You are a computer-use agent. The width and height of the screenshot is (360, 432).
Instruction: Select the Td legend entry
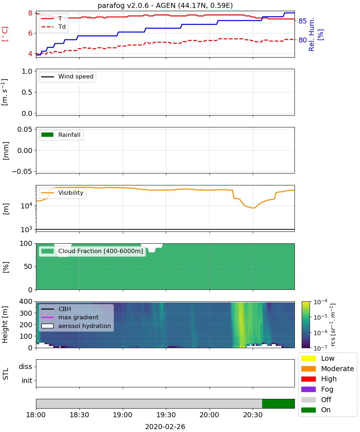53,27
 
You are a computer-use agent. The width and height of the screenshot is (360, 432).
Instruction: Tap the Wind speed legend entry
67,77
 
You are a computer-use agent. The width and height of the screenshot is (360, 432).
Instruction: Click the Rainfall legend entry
61,135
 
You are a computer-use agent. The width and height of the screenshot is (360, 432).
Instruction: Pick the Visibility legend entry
62,193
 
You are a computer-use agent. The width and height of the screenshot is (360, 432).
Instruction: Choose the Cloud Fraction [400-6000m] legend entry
92,251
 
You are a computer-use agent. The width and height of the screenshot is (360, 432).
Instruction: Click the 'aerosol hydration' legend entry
76,326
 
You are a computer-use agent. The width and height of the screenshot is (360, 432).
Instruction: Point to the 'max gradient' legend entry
70,317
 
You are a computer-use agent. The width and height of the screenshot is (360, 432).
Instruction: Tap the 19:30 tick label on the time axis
166,415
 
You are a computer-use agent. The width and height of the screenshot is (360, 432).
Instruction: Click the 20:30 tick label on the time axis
253,415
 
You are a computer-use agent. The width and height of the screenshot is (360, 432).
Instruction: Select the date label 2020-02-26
165,427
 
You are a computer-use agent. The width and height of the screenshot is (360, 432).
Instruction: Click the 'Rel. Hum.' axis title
311,34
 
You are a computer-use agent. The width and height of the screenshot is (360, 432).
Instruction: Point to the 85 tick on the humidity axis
302,21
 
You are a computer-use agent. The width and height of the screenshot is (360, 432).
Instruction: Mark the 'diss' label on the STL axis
25,366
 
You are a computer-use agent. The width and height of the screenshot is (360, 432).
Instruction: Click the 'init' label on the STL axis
27,381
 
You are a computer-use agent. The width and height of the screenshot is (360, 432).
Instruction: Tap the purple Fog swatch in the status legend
308,390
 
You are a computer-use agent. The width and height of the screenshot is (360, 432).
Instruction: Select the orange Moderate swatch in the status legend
308,369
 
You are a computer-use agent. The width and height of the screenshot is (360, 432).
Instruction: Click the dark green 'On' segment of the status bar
278,404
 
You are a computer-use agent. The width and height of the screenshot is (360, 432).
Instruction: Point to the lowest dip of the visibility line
254,208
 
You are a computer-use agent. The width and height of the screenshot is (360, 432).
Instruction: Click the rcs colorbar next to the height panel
306,325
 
